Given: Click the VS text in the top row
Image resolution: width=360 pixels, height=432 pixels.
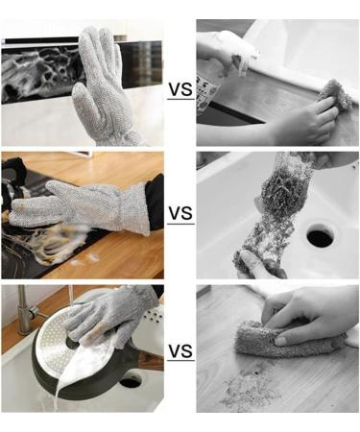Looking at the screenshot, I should (x=180, y=90).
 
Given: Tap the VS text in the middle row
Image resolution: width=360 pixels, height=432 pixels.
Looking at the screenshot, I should (x=180, y=213).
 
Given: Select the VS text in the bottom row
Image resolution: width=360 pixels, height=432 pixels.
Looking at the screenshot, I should (x=180, y=351).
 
